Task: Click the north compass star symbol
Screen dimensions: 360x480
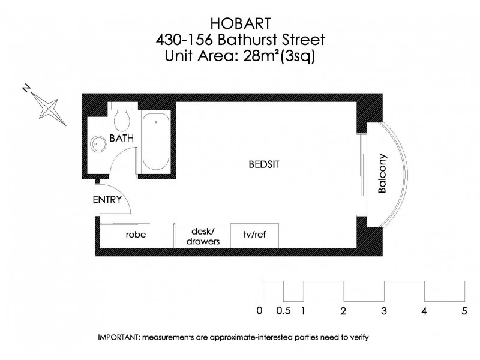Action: coord(46,108)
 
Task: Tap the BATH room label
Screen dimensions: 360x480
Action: coord(122,139)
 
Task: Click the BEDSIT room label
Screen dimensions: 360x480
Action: coord(265,163)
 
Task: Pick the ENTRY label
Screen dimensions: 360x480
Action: coord(107,200)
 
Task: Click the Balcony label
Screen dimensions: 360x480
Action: coord(382,173)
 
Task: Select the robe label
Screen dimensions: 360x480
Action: coord(136,235)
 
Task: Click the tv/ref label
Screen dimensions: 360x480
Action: coord(254,235)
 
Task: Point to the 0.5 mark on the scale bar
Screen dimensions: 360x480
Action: coord(284,311)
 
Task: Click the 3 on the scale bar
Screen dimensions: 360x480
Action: coord(383,311)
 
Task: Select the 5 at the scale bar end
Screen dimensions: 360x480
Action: coord(464,311)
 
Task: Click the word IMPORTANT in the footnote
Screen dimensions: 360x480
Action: coord(118,337)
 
